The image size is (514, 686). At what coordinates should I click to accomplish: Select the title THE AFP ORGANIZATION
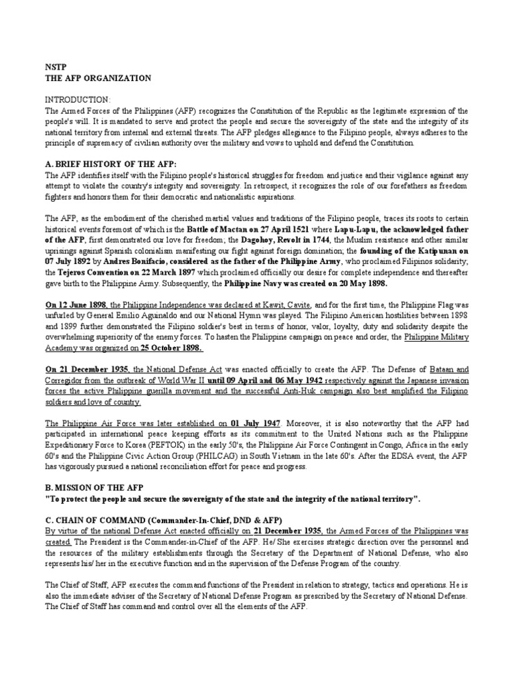(x=98, y=78)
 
